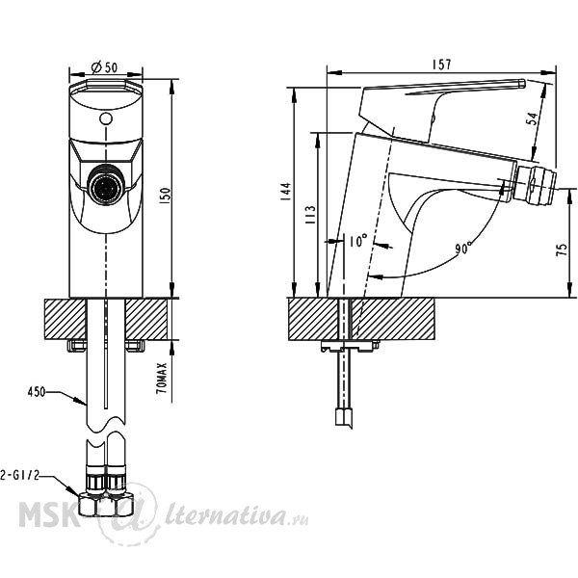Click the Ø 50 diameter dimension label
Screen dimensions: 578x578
pos(104,67)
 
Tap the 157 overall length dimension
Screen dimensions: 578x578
pos(441,65)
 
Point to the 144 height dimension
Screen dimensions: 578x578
pos(286,192)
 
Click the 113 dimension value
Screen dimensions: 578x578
pos(311,215)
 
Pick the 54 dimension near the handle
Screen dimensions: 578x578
pos(534,118)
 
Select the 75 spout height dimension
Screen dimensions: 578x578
pos(563,250)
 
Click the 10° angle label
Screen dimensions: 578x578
pos(358,241)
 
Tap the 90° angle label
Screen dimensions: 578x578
pos(463,248)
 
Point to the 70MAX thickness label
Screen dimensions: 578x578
pos(162,378)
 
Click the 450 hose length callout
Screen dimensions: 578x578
pos(37,392)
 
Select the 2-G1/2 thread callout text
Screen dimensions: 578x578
pos(20,475)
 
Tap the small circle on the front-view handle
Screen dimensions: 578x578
pos(106,118)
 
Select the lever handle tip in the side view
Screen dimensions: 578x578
pos(521,83)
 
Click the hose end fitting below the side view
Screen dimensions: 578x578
pos(344,418)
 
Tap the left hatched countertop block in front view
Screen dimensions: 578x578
pos(66,319)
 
